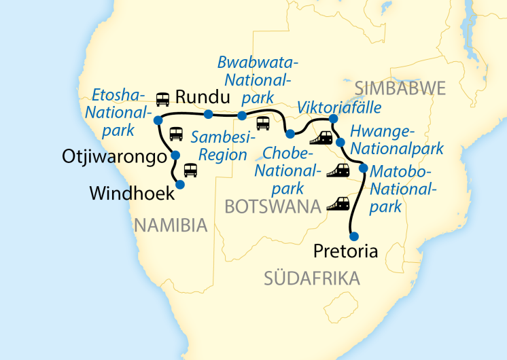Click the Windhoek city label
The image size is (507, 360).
click(x=131, y=194)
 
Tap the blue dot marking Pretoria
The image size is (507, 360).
click(x=353, y=236)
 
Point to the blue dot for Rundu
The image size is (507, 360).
click(x=208, y=113)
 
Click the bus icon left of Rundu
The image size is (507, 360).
click(x=163, y=99)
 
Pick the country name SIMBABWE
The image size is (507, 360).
click(x=399, y=88)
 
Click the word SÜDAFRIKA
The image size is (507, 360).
click(x=312, y=277)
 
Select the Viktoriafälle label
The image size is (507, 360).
click(x=338, y=107)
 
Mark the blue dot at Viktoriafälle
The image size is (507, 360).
click(x=333, y=120)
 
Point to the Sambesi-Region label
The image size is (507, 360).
click(x=218, y=146)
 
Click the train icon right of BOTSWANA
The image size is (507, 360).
click(x=338, y=202)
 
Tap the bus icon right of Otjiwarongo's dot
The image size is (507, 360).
click(x=190, y=169)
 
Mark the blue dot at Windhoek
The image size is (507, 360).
click(x=180, y=183)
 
